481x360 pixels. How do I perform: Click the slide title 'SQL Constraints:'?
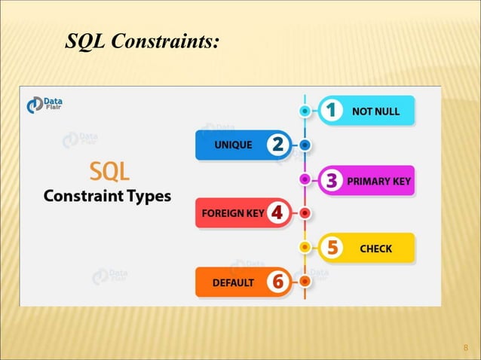(x=143, y=41)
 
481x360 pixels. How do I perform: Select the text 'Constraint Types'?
(x=106, y=197)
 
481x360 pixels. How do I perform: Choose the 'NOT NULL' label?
(x=375, y=112)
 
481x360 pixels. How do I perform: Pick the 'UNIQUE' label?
(x=233, y=145)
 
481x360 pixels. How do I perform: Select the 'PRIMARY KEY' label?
(x=378, y=181)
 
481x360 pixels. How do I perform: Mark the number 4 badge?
(x=277, y=213)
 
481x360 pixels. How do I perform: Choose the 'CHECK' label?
(x=375, y=248)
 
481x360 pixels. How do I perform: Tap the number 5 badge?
(x=330, y=247)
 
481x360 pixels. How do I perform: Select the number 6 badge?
(x=277, y=282)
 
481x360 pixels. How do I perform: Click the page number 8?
(x=465, y=347)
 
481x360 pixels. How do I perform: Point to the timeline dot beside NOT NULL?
(x=305, y=111)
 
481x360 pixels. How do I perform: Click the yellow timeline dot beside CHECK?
(x=305, y=247)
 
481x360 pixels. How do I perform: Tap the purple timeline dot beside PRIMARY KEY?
(x=305, y=180)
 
